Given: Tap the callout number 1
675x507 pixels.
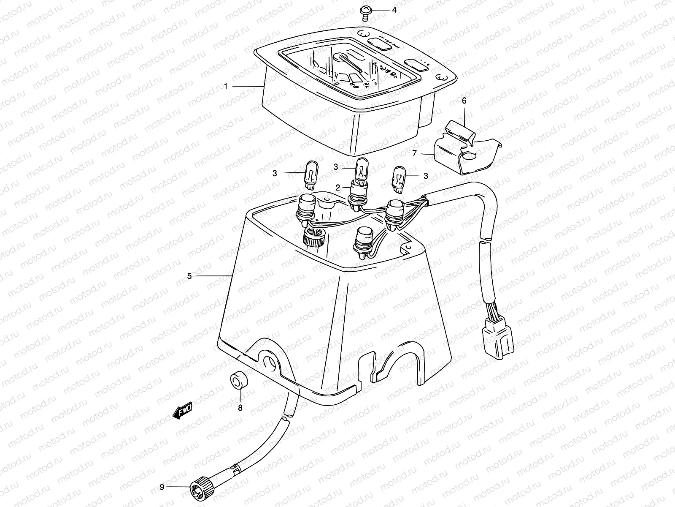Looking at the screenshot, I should click(226, 86).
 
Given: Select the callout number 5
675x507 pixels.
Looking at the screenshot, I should click(189, 276).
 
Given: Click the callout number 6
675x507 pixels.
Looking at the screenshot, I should click(464, 101).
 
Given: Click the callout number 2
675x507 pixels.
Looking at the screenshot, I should click(337, 187).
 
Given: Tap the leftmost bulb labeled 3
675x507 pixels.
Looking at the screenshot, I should click(310, 174).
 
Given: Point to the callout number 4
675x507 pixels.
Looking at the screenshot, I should click(394, 10).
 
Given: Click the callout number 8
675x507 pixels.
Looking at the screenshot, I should click(240, 408).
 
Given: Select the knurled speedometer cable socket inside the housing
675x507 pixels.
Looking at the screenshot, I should click(313, 240).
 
